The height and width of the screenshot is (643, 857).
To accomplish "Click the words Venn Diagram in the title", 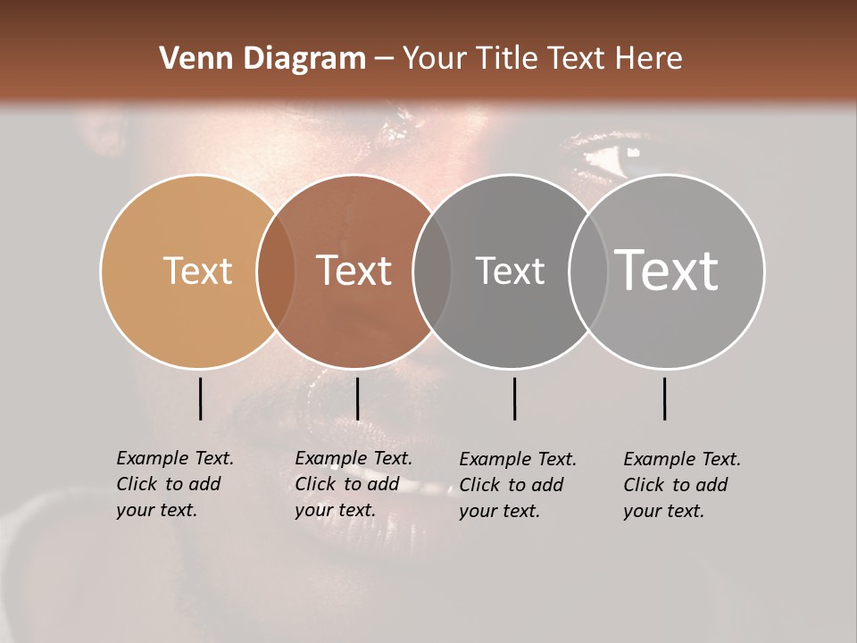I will tap(262, 59).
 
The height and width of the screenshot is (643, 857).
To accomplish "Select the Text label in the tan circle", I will tap(197, 271).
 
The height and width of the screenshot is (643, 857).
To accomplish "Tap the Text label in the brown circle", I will tap(354, 271).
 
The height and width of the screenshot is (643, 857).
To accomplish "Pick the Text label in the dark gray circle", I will tap(510, 271).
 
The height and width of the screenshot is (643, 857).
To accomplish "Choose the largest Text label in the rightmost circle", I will tap(667, 270).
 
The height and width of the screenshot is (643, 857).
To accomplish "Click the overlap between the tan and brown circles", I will tap(276, 271).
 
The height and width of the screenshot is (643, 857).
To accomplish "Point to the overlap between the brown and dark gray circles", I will tap(432, 271).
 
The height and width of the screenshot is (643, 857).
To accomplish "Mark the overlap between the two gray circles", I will tap(588, 271).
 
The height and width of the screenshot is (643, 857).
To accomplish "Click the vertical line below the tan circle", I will tap(200, 398).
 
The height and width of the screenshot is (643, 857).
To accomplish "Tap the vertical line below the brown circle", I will tap(357, 398).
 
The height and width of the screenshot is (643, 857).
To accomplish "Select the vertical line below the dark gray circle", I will tap(514, 398).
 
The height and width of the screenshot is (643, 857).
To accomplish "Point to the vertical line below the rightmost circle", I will tap(664, 398).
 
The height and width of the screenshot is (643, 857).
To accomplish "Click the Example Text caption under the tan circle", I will tap(174, 484).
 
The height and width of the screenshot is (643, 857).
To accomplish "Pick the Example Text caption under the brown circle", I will tap(353, 484).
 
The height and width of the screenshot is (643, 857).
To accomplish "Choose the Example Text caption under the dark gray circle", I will tap(517, 485).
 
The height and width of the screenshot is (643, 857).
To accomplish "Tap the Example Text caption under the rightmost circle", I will tap(681, 485).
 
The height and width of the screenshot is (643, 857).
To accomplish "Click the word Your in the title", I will tap(436, 59).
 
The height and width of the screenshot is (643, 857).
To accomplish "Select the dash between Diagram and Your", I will tap(384, 59).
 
